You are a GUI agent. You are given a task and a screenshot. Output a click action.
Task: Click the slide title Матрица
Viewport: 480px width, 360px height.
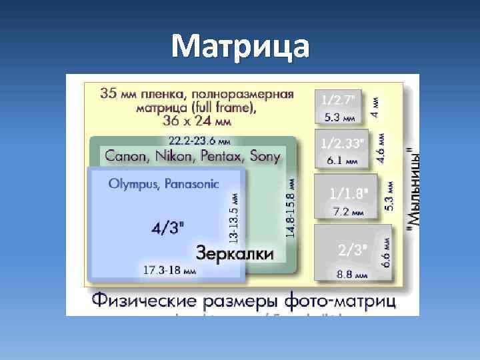(240, 46)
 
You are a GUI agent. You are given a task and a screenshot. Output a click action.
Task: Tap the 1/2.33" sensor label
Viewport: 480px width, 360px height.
(343, 143)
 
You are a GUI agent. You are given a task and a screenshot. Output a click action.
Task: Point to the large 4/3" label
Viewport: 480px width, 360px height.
(168, 228)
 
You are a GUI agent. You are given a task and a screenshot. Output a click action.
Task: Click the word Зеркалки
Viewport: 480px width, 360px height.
(235, 253)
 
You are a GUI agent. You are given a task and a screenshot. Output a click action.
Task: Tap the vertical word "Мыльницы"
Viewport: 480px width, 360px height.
(414, 190)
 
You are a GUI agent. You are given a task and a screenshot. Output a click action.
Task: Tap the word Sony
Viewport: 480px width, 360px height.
(265, 157)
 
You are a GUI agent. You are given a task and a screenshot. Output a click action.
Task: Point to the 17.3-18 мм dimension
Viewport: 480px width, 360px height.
(170, 271)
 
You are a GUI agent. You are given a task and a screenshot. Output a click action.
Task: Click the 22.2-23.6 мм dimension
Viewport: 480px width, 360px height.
(200, 141)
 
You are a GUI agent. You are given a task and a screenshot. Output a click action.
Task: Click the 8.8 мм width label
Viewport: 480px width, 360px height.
(353, 274)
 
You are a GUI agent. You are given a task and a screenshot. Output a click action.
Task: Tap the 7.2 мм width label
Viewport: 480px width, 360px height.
(349, 212)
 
